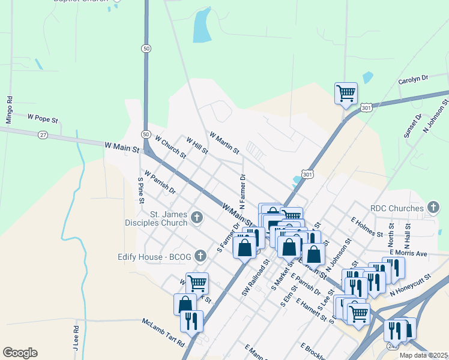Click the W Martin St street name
click(x=224, y=143)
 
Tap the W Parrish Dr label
click(x=160, y=183)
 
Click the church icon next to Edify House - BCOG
click(x=200, y=256)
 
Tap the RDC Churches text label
click(x=397, y=208)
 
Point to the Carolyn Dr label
click(x=413, y=79)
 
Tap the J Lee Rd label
click(x=76, y=338)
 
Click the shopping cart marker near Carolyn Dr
click(x=346, y=94)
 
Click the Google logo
click(x=20, y=353)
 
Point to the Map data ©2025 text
click(x=424, y=355)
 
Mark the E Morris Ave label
click(x=408, y=253)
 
